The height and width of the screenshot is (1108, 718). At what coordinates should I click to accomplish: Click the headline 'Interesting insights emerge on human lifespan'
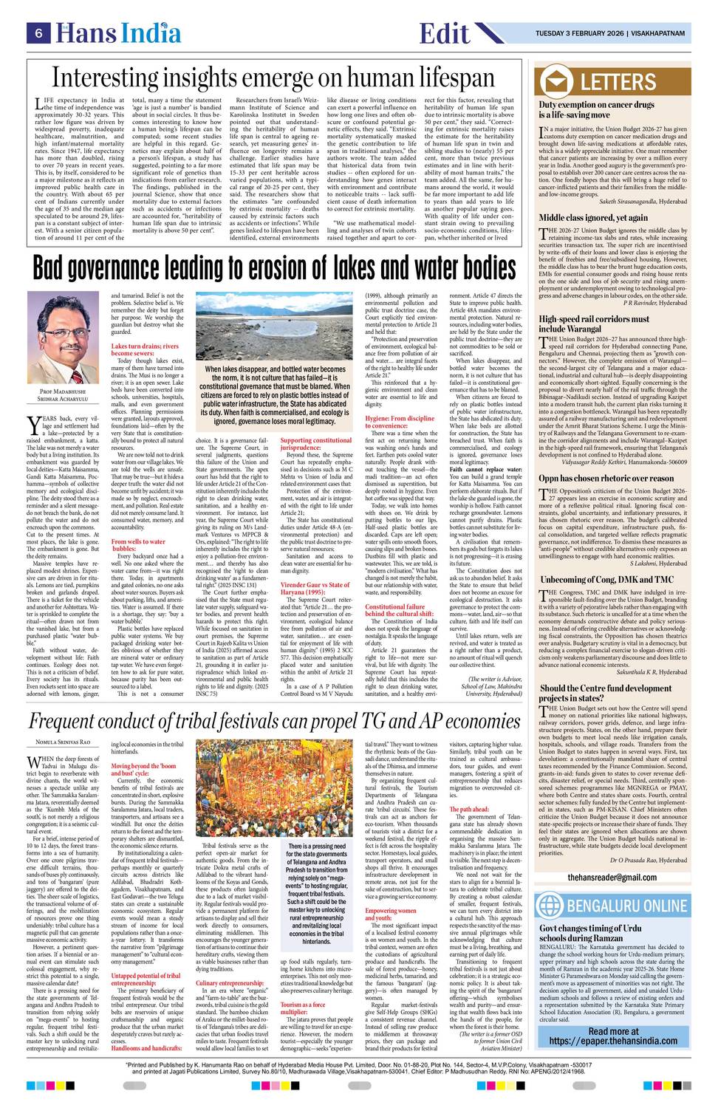click(x=274, y=78)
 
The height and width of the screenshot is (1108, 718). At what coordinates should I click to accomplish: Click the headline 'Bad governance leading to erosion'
click(x=274, y=268)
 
